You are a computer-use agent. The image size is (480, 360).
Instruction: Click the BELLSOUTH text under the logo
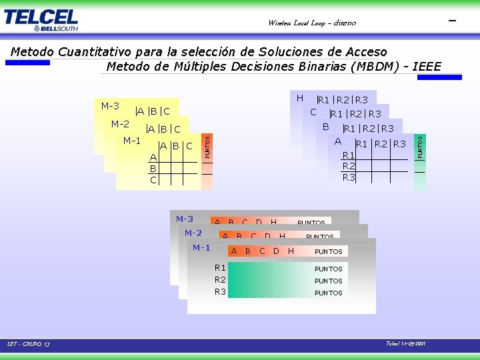point(55,28)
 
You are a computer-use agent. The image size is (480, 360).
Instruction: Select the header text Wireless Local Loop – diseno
point(311,23)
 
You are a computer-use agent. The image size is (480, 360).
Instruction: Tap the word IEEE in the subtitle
point(427,67)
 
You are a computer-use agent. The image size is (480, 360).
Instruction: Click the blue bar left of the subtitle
point(27,63)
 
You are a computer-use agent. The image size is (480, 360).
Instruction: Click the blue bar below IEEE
point(440,77)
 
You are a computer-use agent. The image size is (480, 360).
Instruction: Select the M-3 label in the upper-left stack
point(110,106)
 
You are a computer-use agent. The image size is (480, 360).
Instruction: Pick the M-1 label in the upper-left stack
point(132,141)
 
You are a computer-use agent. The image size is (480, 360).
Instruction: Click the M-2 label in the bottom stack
point(193,233)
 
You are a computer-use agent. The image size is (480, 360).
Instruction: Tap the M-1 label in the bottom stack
point(201,247)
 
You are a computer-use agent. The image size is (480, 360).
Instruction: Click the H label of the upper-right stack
point(299,98)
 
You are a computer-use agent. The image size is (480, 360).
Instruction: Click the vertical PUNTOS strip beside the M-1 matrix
point(207,147)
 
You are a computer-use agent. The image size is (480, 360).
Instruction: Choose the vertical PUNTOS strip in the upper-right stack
point(420,147)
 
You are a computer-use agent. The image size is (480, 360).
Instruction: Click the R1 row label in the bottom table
point(220,267)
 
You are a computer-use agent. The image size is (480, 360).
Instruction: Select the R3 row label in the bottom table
point(220,291)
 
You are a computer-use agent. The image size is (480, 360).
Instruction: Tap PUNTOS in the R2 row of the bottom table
point(328,281)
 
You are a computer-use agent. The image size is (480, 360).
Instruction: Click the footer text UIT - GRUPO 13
point(28,345)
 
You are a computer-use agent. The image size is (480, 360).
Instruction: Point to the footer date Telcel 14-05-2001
point(405,344)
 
